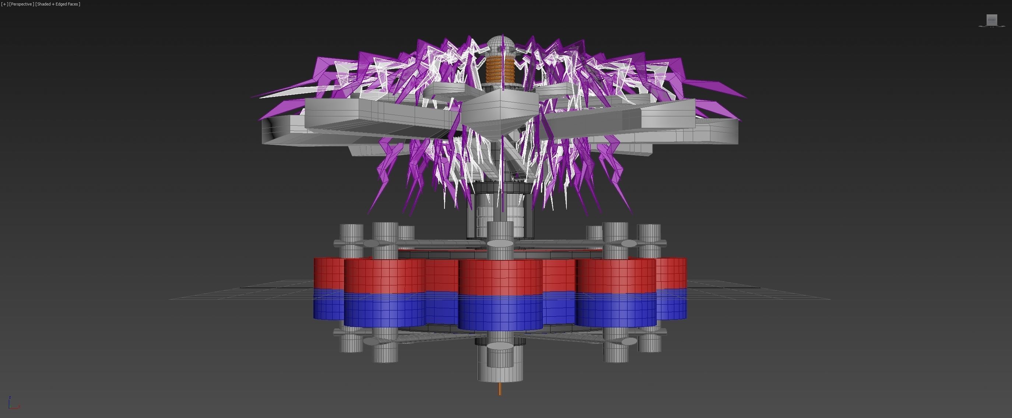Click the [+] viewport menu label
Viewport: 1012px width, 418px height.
pyautogui.click(x=4, y=4)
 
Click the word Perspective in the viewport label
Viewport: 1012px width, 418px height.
pyautogui.click(x=22, y=4)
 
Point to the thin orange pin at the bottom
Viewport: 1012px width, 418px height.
pyautogui.click(x=500, y=389)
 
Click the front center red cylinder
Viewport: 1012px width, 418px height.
pyautogui.click(x=500, y=277)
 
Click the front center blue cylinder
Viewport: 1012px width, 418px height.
pyautogui.click(x=500, y=312)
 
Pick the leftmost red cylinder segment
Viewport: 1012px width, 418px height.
pyautogui.click(x=328, y=273)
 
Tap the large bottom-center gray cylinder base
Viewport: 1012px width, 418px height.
pyautogui.click(x=500, y=365)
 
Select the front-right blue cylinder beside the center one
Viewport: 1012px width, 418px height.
pyautogui.click(x=616, y=310)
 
